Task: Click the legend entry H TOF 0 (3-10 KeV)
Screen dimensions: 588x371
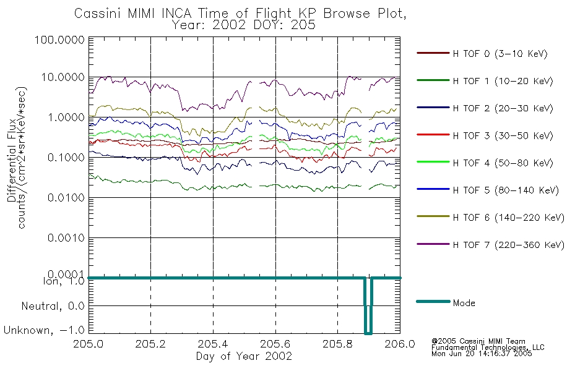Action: pyautogui.click(x=500, y=54)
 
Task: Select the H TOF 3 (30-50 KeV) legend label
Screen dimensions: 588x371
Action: pyautogui.click(x=503, y=135)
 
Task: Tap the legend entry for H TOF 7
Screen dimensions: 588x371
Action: pyautogui.click(x=509, y=245)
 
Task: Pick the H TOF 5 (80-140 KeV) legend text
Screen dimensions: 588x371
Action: pyautogui.click(x=506, y=190)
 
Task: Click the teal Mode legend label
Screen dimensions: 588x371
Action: pyautogui.click(x=464, y=303)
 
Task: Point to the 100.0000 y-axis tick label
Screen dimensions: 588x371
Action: pyautogui.click(x=59, y=40)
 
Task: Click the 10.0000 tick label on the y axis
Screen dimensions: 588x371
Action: pyautogui.click(x=63, y=77)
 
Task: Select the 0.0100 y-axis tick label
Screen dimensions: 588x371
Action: pyautogui.click(x=66, y=197)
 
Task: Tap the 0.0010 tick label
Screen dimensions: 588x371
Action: pyautogui.click(x=66, y=238)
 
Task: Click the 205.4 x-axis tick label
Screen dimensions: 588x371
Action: pyautogui.click(x=213, y=344)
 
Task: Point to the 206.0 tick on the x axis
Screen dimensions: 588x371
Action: pyautogui.click(x=400, y=344)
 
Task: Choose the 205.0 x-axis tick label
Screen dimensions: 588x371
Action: pyautogui.click(x=89, y=344)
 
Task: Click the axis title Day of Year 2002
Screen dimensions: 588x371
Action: pyautogui.click(x=244, y=356)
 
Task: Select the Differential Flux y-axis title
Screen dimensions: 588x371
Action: pyautogui.click(x=12, y=160)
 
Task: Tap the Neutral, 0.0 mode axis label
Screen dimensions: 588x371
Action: pyautogui.click(x=53, y=307)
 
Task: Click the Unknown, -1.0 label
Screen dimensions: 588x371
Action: pyautogui.click(x=44, y=330)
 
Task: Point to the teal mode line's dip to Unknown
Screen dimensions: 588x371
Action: pyautogui.click(x=368, y=333)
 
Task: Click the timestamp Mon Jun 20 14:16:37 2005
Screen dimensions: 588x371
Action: pyautogui.click(x=482, y=354)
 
